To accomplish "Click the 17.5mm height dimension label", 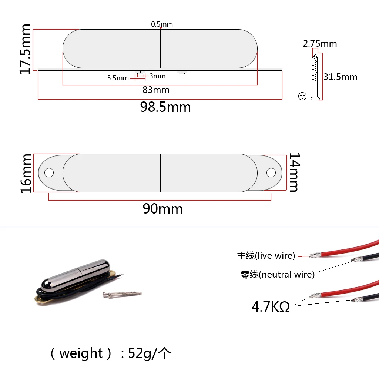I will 25,49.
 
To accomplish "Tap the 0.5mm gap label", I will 162,24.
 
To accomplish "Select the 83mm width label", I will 156,90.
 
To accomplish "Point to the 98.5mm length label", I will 165,107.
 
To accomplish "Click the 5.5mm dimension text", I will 118,78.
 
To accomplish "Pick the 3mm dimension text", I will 158,76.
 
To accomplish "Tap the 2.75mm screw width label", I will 320,44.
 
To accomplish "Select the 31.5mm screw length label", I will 340,77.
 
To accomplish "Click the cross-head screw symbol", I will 302,96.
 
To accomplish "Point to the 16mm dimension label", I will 26,173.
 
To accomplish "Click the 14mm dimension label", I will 294,172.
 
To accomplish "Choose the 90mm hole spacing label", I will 162,209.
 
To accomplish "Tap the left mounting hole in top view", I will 49,172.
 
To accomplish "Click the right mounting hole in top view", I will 271,172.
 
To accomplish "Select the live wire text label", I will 266,256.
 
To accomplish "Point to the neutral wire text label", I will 277,275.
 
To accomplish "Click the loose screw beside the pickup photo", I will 122,294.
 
